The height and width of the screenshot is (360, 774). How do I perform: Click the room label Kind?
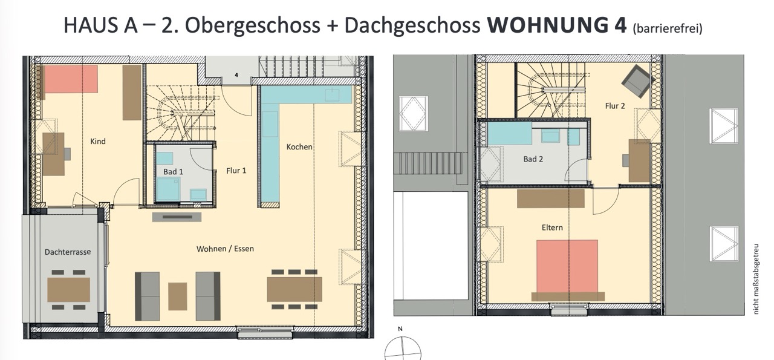click(98, 141)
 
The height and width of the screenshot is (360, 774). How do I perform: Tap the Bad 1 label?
click(173, 171)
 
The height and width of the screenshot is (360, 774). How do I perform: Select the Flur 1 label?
click(236, 171)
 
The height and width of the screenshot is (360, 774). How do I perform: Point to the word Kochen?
click(299, 146)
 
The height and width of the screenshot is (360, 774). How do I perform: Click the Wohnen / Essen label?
click(225, 249)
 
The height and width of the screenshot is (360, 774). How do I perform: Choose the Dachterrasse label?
click(68, 252)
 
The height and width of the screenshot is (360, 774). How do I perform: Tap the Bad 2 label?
click(533, 159)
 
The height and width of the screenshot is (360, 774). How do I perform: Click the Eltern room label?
click(552, 227)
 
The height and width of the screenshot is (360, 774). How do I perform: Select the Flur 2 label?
click(615, 106)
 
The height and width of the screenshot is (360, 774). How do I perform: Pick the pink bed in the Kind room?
click(70, 79)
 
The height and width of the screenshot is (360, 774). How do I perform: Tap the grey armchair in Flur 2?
click(638, 81)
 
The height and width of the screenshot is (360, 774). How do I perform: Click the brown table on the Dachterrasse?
click(68, 289)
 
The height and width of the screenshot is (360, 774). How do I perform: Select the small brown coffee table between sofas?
click(178, 296)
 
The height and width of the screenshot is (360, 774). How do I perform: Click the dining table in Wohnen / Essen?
click(294, 289)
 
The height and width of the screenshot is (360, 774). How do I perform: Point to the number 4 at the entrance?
click(236, 75)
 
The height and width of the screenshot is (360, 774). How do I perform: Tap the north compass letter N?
click(400, 329)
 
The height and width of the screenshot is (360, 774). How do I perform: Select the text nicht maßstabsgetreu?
click(756, 279)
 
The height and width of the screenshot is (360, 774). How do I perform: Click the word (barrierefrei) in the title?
click(668, 28)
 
